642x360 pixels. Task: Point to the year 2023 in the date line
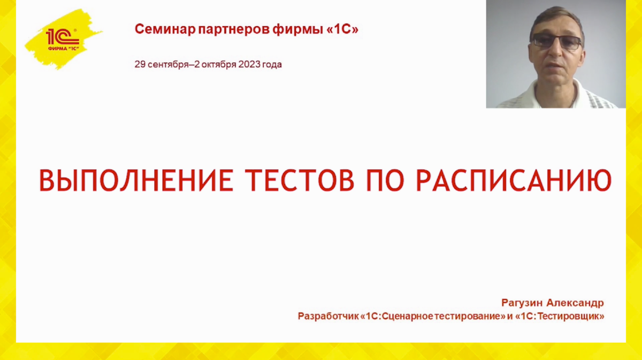pos(248,65)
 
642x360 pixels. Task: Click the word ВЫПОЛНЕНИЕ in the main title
pos(136,180)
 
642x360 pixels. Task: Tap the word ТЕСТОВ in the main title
pos(301,180)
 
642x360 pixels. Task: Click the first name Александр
pos(575,303)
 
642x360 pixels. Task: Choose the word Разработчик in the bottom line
pos(327,316)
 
